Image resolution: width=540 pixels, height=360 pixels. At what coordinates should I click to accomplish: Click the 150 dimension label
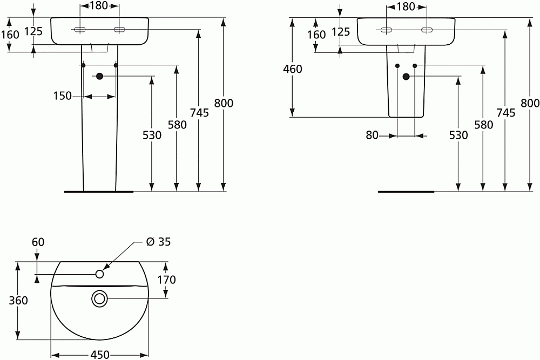[62, 96]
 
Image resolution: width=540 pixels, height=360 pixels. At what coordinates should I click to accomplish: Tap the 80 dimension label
[372, 135]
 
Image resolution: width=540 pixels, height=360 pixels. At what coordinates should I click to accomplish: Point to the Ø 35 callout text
[158, 242]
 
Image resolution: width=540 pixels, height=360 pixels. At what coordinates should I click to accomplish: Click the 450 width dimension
[99, 355]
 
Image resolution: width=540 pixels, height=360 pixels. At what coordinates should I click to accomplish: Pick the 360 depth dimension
[19, 300]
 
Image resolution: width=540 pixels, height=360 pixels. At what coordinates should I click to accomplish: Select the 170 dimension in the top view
[167, 280]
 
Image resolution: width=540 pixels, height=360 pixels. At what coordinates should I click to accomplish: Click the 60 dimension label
[38, 242]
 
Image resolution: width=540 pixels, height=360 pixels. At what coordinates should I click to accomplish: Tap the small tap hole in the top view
[99, 274]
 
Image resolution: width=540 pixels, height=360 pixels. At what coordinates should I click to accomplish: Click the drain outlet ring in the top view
[99, 298]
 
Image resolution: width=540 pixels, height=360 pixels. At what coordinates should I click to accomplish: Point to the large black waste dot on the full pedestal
[99, 77]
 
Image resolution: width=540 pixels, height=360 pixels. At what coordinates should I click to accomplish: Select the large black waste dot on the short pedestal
[406, 77]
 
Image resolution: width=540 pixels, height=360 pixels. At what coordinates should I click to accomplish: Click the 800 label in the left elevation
[224, 103]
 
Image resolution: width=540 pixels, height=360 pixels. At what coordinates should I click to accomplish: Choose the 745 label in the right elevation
[506, 112]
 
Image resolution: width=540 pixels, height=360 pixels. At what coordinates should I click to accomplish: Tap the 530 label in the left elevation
[152, 135]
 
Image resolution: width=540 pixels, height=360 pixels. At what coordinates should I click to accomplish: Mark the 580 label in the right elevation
[483, 125]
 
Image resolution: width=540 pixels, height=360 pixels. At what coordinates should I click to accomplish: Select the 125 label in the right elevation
[340, 32]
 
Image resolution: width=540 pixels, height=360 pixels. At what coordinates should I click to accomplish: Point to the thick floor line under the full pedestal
[98, 191]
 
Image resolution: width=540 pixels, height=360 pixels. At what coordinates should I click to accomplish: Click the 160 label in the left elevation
[10, 34]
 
